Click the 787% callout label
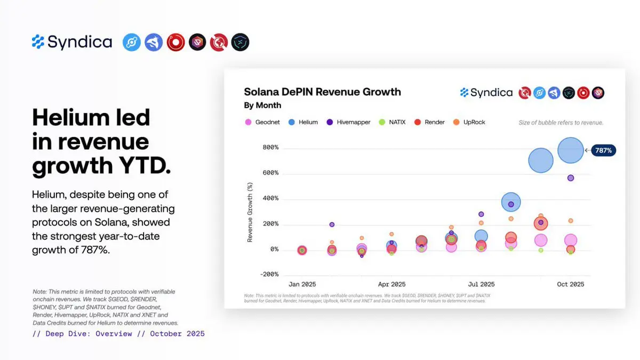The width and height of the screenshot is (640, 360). (x=603, y=151)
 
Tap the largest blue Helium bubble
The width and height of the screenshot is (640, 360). (x=570, y=150)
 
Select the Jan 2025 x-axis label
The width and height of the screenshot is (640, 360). (x=302, y=284)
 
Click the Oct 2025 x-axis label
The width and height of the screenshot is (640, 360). (x=570, y=284)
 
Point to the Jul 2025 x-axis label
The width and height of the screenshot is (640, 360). (x=481, y=284)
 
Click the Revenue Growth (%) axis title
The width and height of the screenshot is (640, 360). (x=250, y=212)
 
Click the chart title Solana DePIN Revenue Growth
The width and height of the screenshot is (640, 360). (x=322, y=92)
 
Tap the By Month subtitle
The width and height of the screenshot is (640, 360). (x=262, y=105)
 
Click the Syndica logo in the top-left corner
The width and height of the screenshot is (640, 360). (x=72, y=42)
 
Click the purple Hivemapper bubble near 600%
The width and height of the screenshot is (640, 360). (x=571, y=178)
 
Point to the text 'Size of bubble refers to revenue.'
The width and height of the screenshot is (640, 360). (x=561, y=123)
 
